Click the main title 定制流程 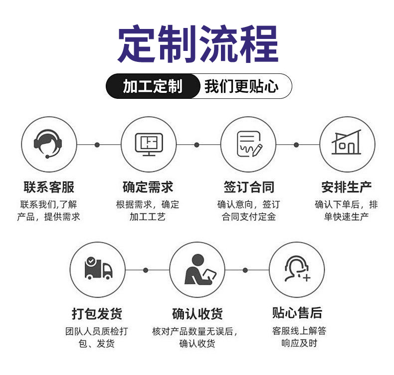(197, 45)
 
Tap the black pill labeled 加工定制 (152, 86)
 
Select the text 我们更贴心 (241, 86)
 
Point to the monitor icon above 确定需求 (149, 144)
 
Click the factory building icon (347, 144)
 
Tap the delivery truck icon (98, 270)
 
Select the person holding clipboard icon (197, 270)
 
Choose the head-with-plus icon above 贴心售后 (297, 270)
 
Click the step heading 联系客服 (49, 187)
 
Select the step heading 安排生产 (347, 187)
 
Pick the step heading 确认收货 (197, 314)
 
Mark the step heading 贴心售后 (297, 313)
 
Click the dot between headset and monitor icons (97, 145)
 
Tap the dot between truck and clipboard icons (146, 270)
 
